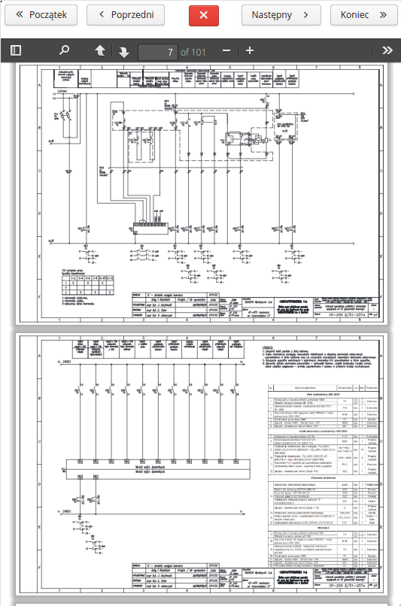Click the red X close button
click(x=203, y=14)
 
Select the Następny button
click(x=275, y=14)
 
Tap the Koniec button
click(x=359, y=14)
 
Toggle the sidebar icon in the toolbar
click(x=16, y=50)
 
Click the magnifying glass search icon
click(x=65, y=50)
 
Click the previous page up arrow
click(x=100, y=50)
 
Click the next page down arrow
click(x=123, y=51)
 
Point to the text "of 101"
click(x=193, y=51)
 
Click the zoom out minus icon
click(x=227, y=50)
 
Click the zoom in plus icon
click(x=250, y=50)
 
